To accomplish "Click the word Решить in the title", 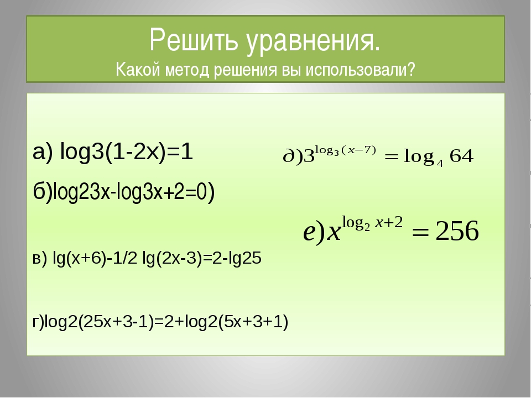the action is pos(194,40).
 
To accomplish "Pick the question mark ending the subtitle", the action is pos(411,70).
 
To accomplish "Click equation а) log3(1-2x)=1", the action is pos(113,152).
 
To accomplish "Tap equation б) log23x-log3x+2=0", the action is pos(123,192).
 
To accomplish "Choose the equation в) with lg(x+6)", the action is pos(147,258).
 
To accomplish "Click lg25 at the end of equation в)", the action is pos(245,258).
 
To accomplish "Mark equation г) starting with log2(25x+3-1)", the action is pos(160,322).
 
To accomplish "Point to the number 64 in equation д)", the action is pos(461,156).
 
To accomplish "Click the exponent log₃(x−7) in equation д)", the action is pos(345,150).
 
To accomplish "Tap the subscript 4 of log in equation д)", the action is pos(440,164).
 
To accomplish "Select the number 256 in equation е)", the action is pos(457,231).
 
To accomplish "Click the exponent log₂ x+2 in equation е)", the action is pos(372,223).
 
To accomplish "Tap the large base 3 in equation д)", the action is pos(309,156).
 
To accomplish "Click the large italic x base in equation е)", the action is pos(334,233).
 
